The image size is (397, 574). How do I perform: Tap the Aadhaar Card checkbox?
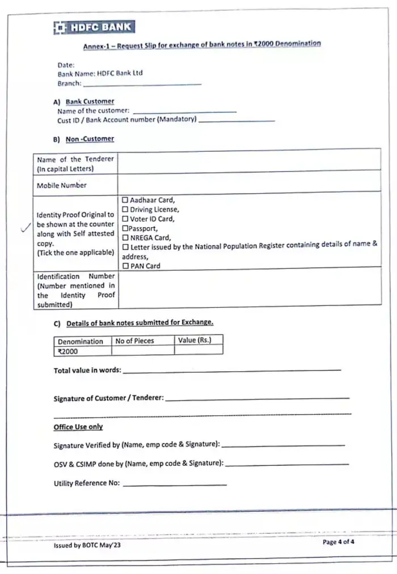point(125,200)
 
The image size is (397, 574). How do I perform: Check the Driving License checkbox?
point(125,210)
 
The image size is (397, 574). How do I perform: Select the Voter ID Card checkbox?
point(125,219)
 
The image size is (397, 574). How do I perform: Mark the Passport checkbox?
point(125,228)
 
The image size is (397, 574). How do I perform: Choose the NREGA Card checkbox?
point(125,237)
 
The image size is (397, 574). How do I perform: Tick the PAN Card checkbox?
point(125,265)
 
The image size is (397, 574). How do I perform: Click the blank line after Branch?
point(142,83)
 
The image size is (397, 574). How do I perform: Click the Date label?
point(67,65)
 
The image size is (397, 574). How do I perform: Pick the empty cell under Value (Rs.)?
point(198,351)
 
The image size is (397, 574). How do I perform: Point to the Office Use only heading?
point(78,427)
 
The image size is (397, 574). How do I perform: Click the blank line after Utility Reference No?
point(175,483)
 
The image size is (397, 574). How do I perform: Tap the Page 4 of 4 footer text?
point(339,542)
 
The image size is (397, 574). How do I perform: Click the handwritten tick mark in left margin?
point(24,228)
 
